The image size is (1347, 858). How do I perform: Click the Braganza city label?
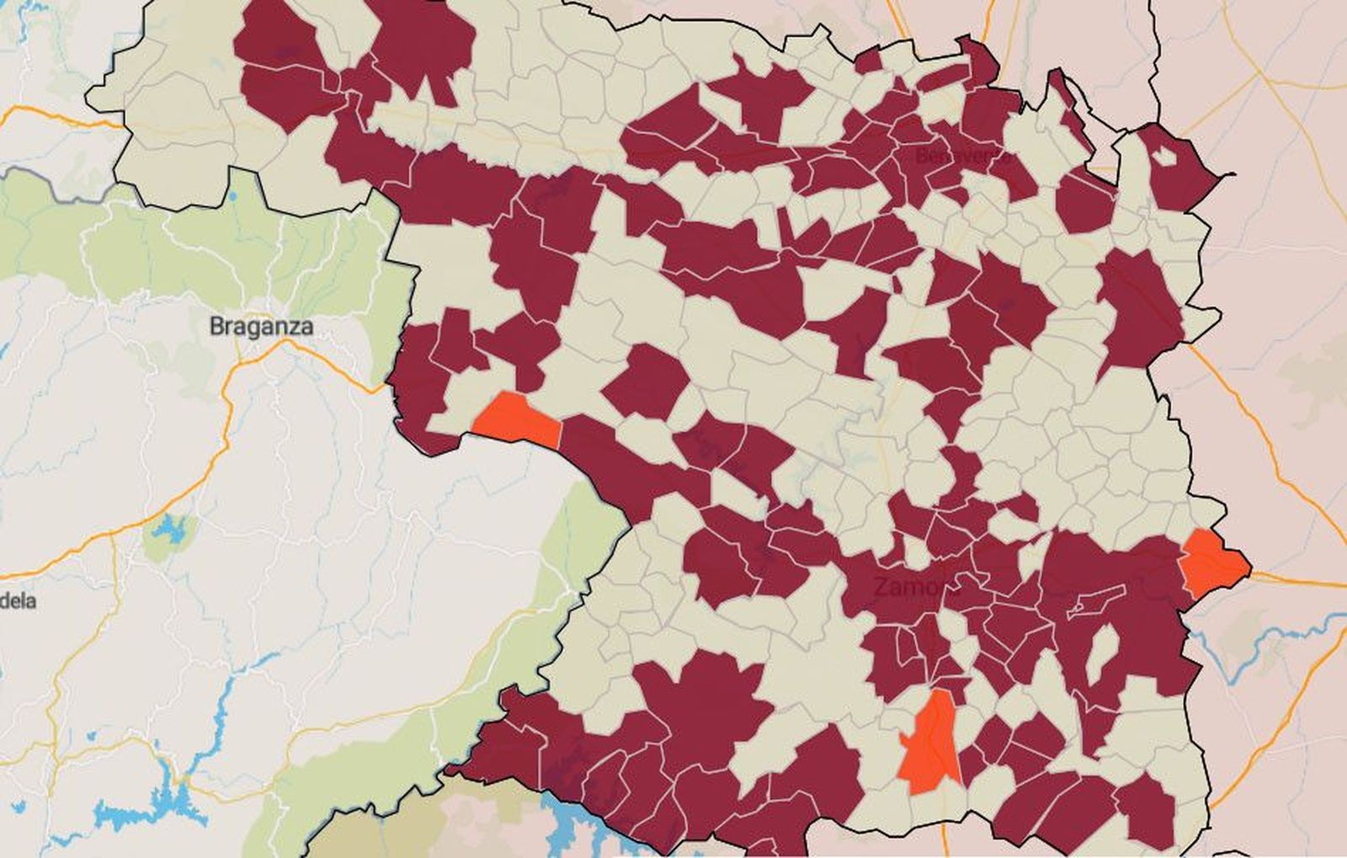point(261,326)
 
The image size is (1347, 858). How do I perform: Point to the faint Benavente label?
point(960,156)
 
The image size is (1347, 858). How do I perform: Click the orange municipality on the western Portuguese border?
point(517,419)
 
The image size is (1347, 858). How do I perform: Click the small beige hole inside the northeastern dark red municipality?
point(1163,156)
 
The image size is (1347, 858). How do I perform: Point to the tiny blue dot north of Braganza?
point(232,197)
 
